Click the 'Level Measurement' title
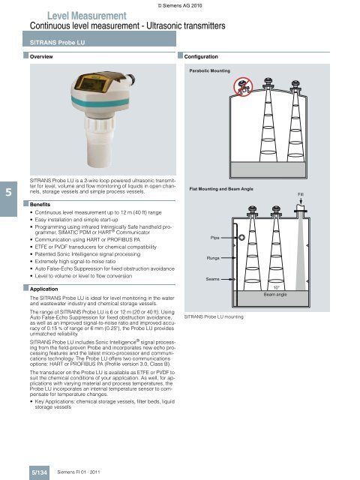point(87,16)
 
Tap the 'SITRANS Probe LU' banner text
point(57,43)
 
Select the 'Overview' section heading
point(41,57)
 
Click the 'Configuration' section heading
point(201,57)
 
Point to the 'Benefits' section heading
point(40,204)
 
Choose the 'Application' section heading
point(43,289)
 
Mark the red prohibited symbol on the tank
point(243,87)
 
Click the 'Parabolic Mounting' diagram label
point(210,70)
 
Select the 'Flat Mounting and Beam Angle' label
point(221,189)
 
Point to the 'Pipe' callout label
point(215,238)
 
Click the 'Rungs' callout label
point(213,258)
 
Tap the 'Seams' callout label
point(213,279)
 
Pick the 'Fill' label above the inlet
point(301,194)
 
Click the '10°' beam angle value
point(277,287)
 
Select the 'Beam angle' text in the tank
point(275,294)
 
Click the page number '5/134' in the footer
point(40,472)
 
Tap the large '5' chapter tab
point(8,192)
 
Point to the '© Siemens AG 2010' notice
point(180,5)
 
